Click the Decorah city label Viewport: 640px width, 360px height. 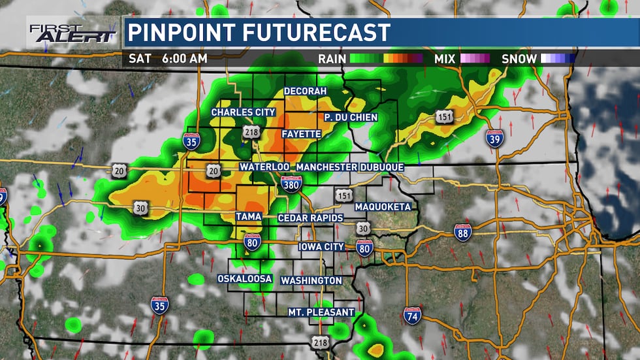click(305, 91)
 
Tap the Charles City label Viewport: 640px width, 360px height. click(243, 112)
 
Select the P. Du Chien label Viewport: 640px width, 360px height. click(351, 117)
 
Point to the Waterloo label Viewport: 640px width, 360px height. click(264, 167)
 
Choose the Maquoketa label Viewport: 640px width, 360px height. click(383, 206)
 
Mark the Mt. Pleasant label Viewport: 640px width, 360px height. click(321, 312)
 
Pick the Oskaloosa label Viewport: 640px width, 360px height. click(245, 279)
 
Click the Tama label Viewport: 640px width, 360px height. click(249, 216)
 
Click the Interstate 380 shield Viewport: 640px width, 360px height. click(292, 185)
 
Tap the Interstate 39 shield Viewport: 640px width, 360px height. click(494, 138)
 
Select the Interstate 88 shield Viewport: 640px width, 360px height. click(463, 233)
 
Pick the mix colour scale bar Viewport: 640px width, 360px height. click(475, 58)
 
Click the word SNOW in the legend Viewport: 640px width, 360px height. click(519, 58)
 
